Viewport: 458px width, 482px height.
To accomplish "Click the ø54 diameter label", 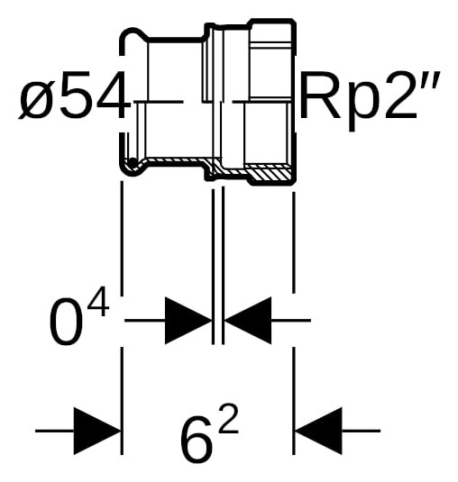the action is point(73,95).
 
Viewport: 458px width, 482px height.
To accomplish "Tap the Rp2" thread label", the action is point(370,98).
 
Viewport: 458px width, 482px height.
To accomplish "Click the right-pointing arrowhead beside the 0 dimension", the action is point(188,321).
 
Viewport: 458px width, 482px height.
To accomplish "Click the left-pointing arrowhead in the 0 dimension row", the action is point(248,321).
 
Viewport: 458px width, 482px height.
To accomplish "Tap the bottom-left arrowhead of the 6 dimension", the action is point(97,431).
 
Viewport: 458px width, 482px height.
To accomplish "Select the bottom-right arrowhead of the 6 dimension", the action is point(318,431).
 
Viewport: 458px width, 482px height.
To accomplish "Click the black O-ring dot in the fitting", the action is point(133,161).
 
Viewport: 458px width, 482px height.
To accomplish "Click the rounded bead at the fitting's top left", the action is point(133,34).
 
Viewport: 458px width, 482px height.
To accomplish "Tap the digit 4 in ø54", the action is point(108,95).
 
